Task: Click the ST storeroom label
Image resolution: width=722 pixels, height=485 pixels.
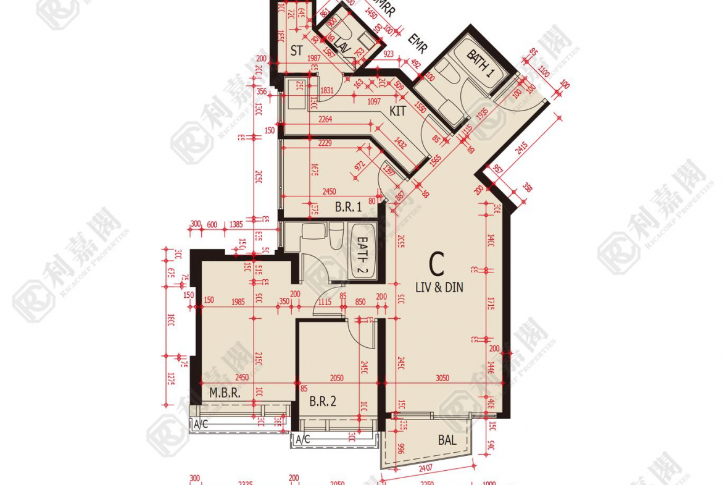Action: pos(297,51)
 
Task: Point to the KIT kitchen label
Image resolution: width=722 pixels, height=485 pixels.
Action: pos(398,111)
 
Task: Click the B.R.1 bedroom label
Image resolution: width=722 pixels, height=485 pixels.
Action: pos(348,208)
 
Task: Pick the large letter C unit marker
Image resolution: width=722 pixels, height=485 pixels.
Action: pos(436,264)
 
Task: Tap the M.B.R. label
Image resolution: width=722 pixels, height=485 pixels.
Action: pos(224,393)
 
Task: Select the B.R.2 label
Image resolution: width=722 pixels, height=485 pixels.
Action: pos(323,402)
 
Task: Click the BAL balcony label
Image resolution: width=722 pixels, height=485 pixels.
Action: pos(447,441)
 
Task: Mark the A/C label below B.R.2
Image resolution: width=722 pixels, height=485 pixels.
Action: pos(302,440)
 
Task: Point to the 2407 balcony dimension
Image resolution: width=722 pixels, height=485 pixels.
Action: pos(426,468)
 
